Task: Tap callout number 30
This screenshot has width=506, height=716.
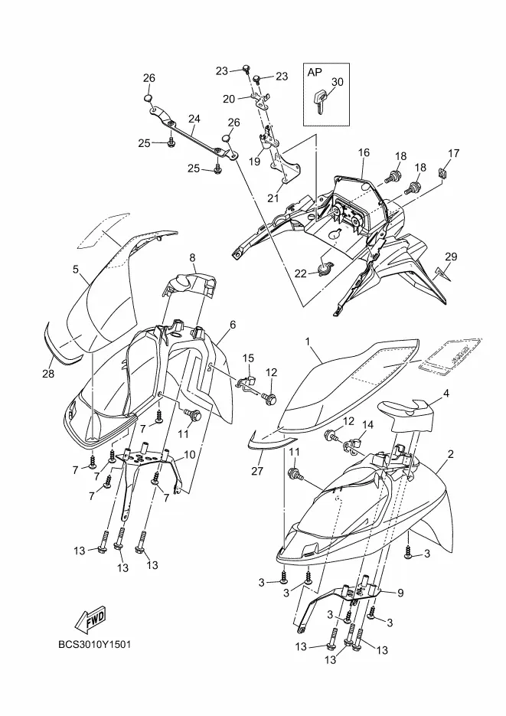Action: [338, 83]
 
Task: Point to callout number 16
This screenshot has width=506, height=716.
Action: [362, 153]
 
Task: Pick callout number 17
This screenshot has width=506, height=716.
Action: [454, 153]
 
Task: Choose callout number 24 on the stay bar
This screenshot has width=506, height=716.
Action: [194, 119]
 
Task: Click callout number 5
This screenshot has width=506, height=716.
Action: [76, 270]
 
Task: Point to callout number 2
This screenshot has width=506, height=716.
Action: [451, 455]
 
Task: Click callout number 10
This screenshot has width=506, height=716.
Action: [190, 454]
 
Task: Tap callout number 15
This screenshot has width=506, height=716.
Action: [249, 358]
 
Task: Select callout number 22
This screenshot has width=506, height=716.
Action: [301, 273]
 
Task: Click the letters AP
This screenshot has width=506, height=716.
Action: [315, 72]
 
